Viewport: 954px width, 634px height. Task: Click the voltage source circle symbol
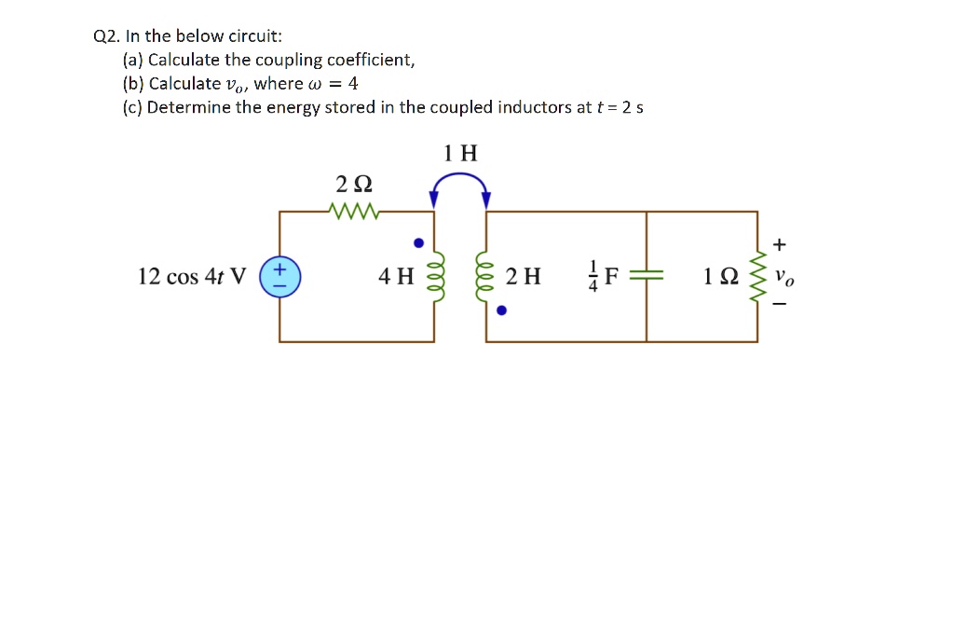coord(279,277)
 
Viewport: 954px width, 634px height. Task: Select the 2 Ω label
coord(354,184)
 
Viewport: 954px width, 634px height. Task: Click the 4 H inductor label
coord(396,277)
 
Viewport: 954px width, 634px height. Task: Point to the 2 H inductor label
coord(523,277)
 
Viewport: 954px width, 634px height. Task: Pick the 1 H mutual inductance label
coord(460,154)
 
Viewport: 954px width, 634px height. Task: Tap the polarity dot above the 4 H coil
coord(419,243)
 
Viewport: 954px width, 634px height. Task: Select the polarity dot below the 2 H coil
coord(501,310)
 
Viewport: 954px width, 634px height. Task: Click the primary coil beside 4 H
coord(433,276)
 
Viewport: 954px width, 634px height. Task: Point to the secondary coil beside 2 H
coord(485,276)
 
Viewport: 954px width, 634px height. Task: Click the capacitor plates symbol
coord(647,277)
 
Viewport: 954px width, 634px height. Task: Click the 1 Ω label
coord(721,277)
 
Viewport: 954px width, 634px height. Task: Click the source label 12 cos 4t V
coord(192,277)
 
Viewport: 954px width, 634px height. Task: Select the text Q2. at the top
coord(106,36)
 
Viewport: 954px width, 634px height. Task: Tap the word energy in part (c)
coord(293,107)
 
